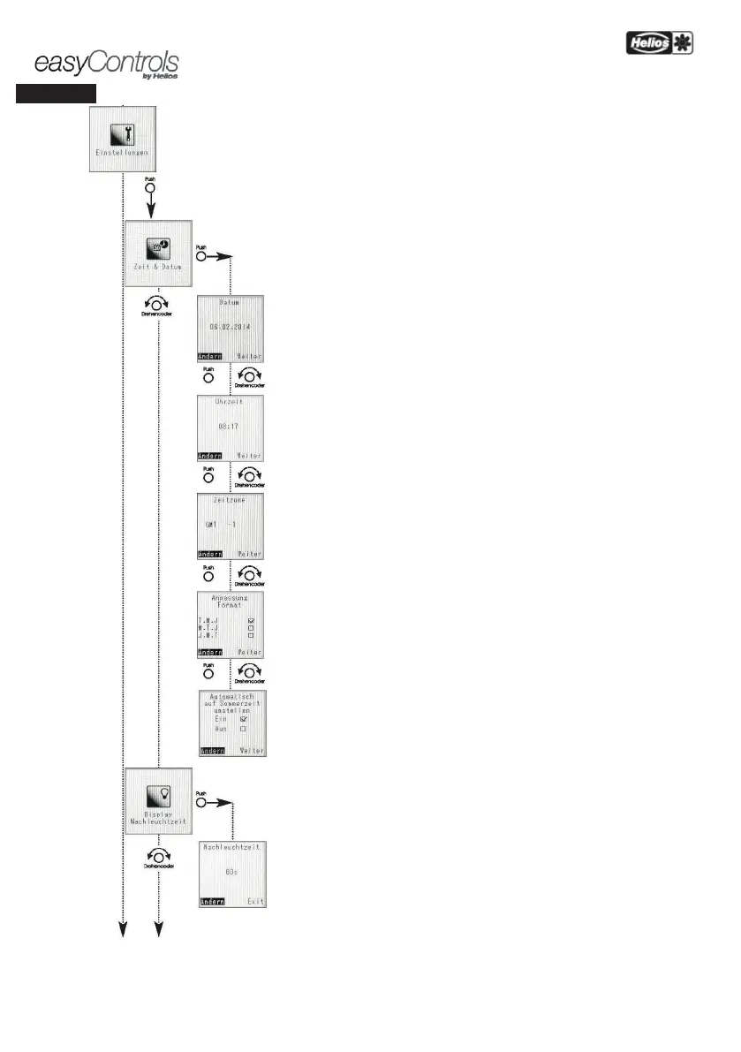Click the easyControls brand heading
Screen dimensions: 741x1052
(106, 64)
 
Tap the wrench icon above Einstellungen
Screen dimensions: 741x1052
(125, 133)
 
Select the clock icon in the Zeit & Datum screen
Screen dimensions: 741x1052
(159, 247)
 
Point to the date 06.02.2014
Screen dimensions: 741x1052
(230, 325)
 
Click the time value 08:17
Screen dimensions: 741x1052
(230, 425)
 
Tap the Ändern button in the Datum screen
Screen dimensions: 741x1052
(209, 356)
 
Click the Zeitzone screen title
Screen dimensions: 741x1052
(230, 499)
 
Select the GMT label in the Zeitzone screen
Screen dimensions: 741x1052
(210, 523)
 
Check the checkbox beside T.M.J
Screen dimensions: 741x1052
(251, 621)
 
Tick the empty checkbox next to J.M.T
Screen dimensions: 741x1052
(251, 635)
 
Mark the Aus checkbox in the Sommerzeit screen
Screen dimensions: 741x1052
(243, 730)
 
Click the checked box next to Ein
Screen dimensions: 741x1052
(243, 719)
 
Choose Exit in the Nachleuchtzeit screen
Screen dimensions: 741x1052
(254, 902)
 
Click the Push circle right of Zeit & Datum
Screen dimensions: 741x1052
(201, 256)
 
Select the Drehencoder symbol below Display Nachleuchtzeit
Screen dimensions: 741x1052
(159, 857)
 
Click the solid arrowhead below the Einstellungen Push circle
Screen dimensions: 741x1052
(151, 210)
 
